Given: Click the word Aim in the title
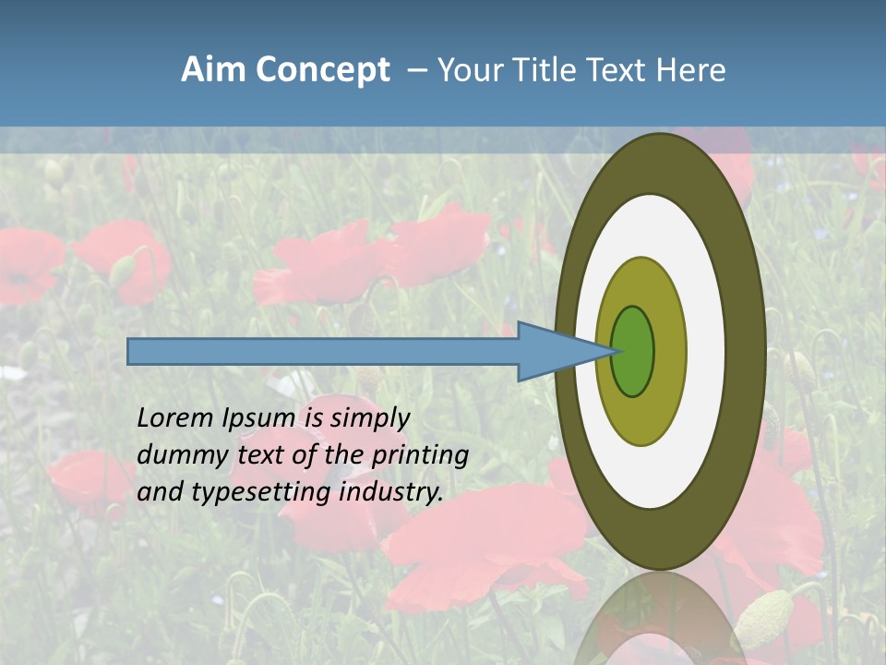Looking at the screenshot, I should click(213, 70).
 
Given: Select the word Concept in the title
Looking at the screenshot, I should click(322, 70).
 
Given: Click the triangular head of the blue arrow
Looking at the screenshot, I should click(554, 352).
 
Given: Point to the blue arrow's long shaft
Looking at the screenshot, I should click(323, 352).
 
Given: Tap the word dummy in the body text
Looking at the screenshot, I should click(174, 455).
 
